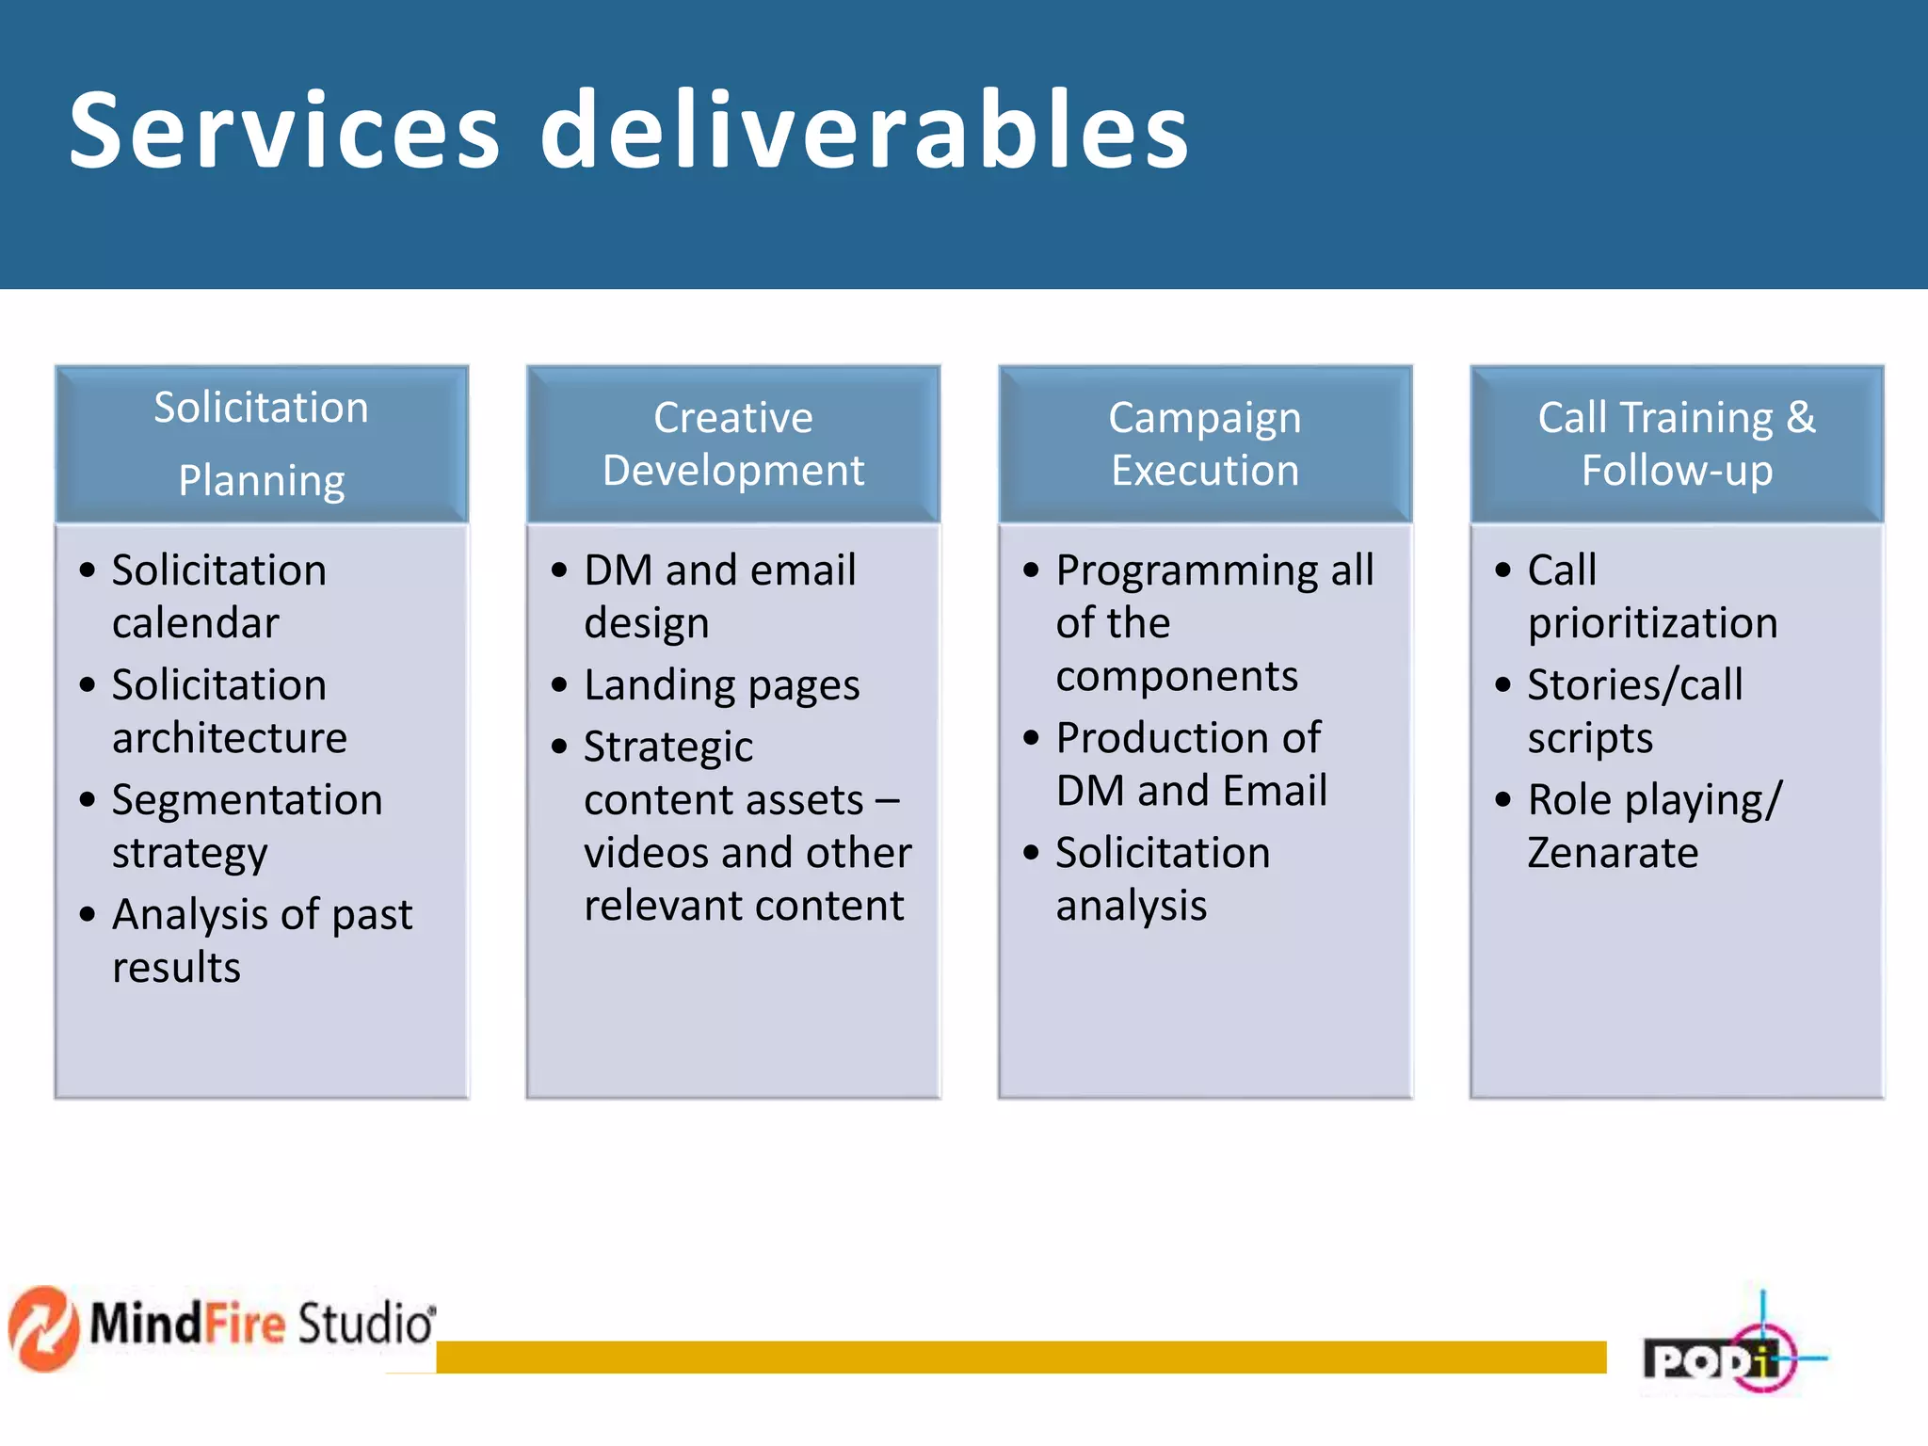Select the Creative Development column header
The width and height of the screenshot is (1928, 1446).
tap(733, 443)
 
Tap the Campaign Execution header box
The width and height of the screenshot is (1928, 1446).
tap(1205, 443)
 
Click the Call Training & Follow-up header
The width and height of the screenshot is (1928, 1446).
tap(1677, 443)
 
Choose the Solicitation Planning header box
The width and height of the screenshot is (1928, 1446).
tap(262, 443)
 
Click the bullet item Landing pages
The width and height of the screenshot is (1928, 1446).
tap(721, 685)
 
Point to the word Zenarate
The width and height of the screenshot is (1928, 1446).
tap(1613, 853)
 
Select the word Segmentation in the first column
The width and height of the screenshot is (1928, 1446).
tap(247, 800)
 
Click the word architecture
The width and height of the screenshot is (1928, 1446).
tap(230, 738)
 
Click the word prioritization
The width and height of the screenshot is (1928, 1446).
tap(1652, 623)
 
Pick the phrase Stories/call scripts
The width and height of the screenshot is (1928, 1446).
tap(1634, 711)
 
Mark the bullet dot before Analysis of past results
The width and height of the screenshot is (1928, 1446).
tap(88, 914)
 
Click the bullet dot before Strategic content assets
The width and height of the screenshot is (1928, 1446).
tap(559, 747)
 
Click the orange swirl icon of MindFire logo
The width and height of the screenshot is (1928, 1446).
tap(42, 1328)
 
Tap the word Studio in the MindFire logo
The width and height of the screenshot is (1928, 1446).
tap(365, 1323)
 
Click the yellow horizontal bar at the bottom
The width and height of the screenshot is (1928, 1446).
tap(1020, 1357)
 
